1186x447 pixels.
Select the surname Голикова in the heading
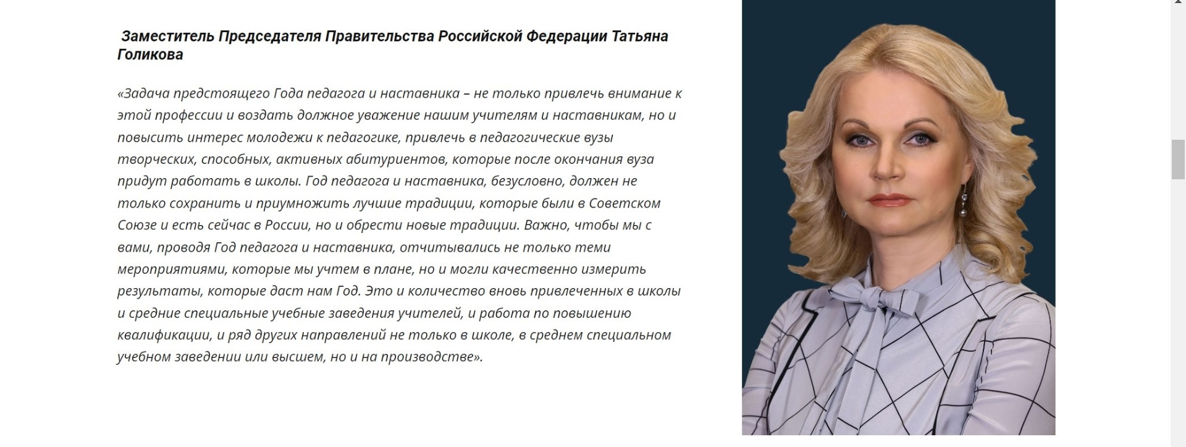click(x=150, y=54)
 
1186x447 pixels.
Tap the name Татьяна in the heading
click(x=640, y=36)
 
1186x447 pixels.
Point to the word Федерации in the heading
click(x=566, y=36)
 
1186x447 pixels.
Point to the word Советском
click(x=625, y=203)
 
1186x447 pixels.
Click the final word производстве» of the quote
click(x=431, y=357)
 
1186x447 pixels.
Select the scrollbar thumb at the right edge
click(x=1179, y=160)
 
